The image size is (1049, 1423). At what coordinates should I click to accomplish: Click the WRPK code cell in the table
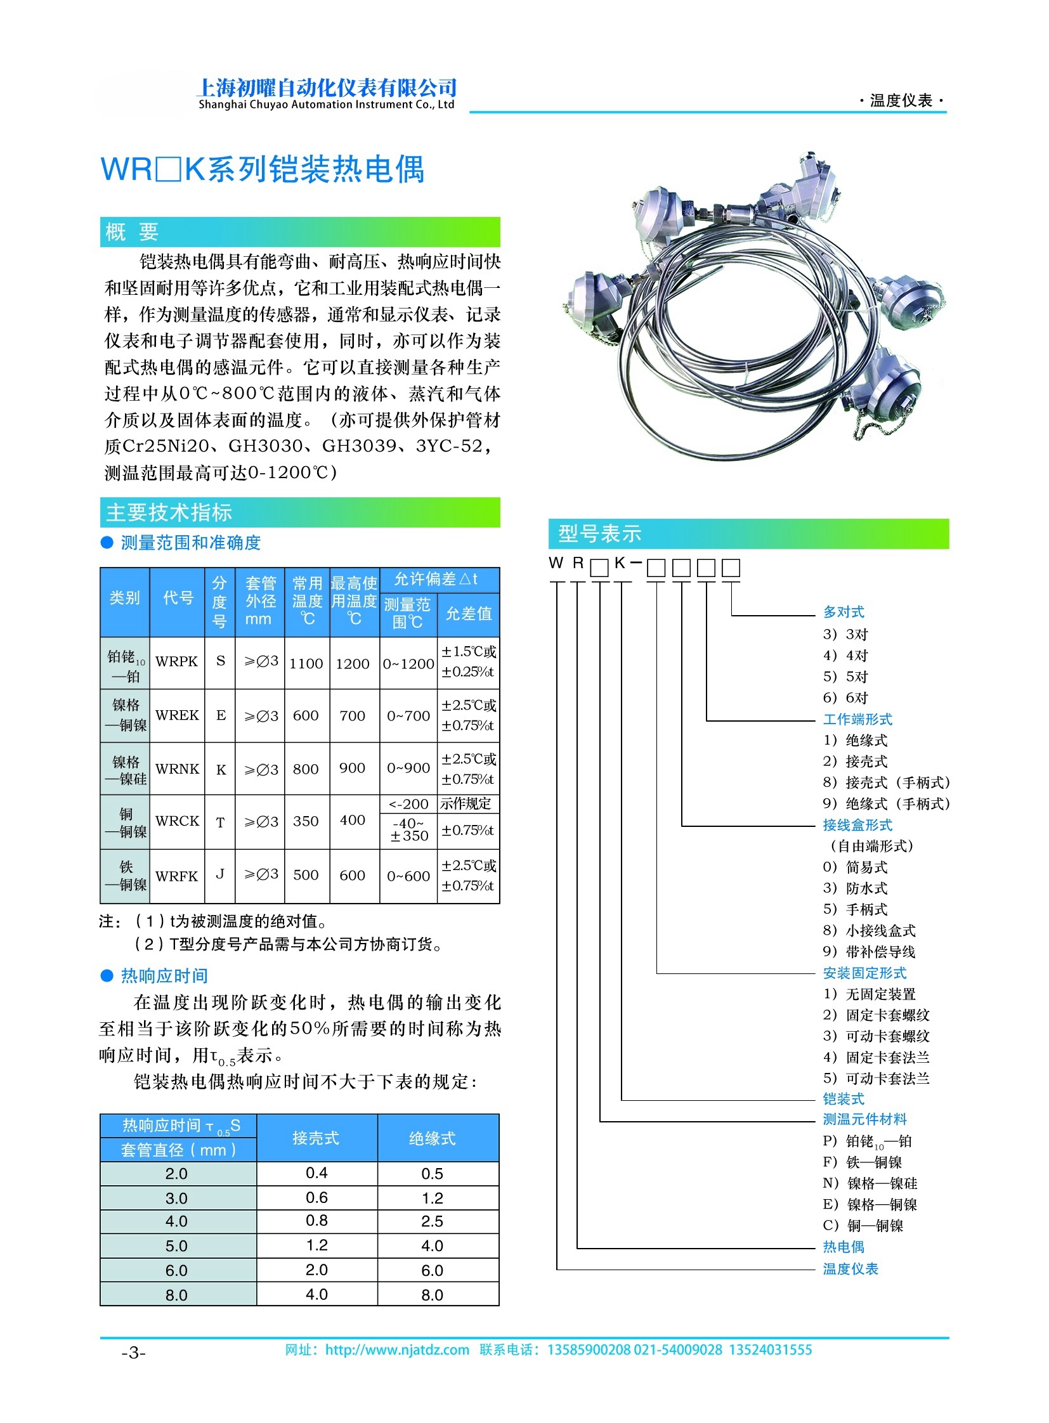[x=176, y=661]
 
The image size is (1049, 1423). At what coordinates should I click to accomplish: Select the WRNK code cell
[x=176, y=769]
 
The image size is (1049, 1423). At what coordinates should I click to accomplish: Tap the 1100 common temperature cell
[x=306, y=663]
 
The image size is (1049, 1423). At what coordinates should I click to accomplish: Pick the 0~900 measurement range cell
[x=408, y=769]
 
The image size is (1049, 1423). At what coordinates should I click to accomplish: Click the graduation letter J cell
[x=219, y=874]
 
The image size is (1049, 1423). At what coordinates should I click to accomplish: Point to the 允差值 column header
[x=468, y=613]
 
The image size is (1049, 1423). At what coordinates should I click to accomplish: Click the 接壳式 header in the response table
[x=316, y=1138]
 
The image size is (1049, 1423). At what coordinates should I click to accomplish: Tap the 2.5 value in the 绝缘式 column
[x=432, y=1221]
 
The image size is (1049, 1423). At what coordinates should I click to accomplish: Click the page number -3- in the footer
[x=133, y=1353]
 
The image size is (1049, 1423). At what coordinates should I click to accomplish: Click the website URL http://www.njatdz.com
[x=397, y=1350]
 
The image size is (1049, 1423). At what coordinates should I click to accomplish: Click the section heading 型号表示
[x=599, y=534]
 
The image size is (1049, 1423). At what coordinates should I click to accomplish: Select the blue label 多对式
[x=844, y=612]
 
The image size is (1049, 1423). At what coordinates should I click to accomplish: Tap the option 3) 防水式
[x=855, y=888]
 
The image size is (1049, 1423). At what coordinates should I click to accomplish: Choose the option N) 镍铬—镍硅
[x=870, y=1183]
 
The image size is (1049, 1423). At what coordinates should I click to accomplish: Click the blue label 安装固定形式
[x=864, y=973]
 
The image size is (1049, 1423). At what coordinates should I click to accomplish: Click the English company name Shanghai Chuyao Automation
[x=326, y=105]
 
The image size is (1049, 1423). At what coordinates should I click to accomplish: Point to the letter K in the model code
[x=620, y=562]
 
